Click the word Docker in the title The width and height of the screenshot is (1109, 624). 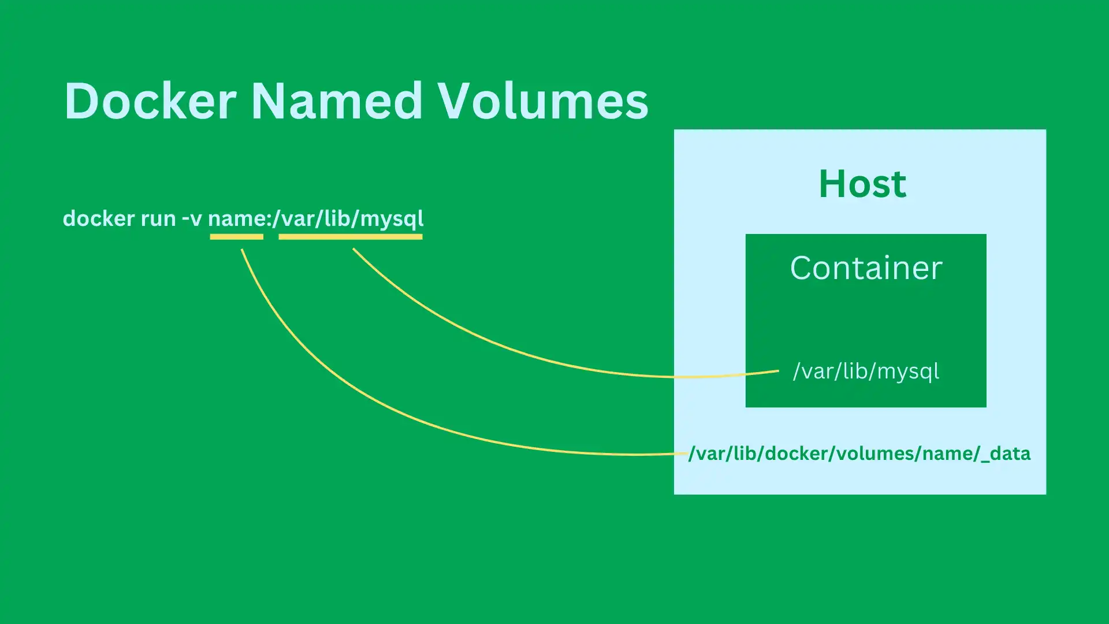[x=150, y=101]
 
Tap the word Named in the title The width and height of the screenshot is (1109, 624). [x=337, y=101]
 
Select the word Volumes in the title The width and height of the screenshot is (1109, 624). [x=542, y=101]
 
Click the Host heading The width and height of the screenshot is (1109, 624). [x=862, y=184]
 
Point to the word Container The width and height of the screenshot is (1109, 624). [x=866, y=268]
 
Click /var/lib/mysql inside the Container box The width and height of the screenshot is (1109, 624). [x=866, y=371]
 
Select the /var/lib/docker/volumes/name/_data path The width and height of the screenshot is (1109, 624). [x=859, y=454]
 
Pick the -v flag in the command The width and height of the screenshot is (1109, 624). [x=192, y=220]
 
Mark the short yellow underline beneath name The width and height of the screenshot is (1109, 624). [x=236, y=236]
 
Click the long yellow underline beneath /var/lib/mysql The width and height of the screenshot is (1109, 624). [x=351, y=236]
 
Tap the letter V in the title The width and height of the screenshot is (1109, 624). [x=456, y=101]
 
